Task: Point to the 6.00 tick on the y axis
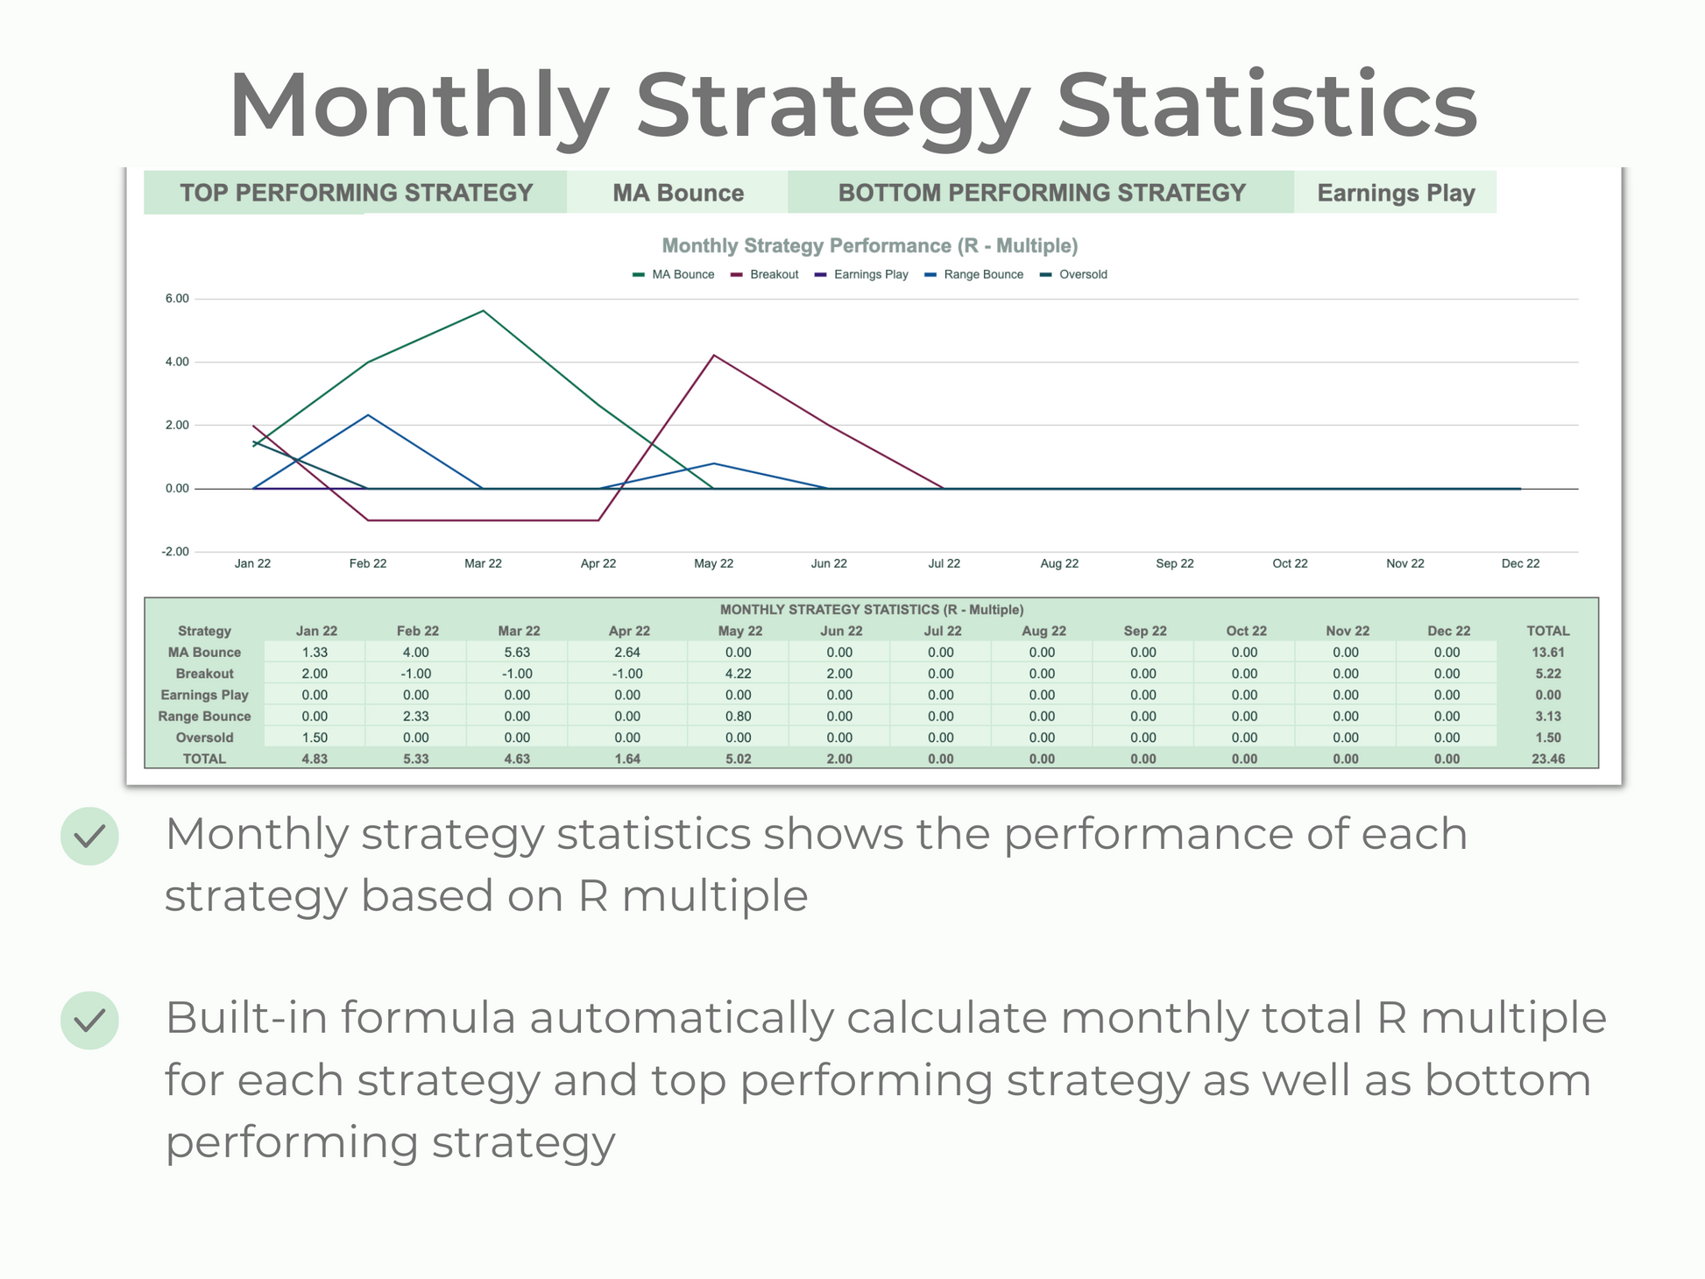click(x=177, y=299)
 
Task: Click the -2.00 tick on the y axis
click(x=175, y=552)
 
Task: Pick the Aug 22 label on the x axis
click(x=1059, y=563)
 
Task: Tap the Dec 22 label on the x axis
click(x=1520, y=563)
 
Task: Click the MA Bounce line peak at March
click(x=483, y=311)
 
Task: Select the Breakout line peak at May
click(x=714, y=356)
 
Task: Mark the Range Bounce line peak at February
click(x=368, y=415)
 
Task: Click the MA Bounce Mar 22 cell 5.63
click(x=517, y=652)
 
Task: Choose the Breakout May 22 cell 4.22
click(x=738, y=674)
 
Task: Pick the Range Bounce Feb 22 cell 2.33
click(x=416, y=716)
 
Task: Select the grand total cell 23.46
click(x=1548, y=759)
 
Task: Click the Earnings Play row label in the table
click(x=204, y=695)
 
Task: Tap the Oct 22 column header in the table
click(x=1246, y=631)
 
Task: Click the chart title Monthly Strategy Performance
click(x=869, y=246)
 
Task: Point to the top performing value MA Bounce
click(x=678, y=193)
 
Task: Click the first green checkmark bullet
click(x=89, y=836)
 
